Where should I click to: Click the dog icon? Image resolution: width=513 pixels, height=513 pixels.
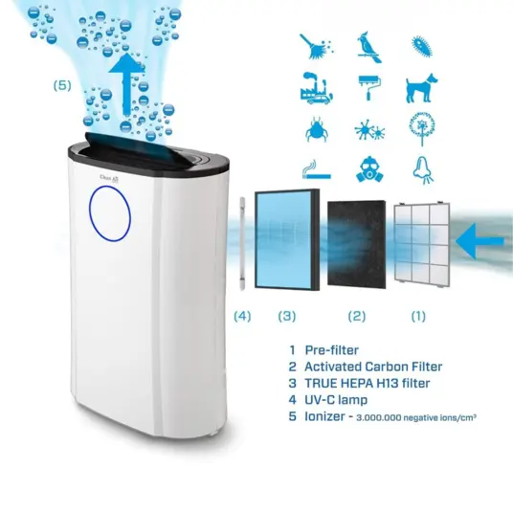tap(422, 88)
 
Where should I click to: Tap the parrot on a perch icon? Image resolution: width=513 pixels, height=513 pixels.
tap(368, 48)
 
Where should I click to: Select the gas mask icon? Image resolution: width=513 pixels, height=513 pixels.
tap(369, 169)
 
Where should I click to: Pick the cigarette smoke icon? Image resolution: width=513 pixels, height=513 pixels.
tap(316, 169)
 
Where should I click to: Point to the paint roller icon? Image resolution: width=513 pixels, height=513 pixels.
tap(369, 88)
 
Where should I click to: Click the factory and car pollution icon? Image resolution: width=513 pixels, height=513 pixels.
tap(317, 88)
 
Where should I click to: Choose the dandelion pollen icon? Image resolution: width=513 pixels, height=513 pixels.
tap(422, 129)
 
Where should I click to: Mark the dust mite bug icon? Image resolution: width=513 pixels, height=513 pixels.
tap(316, 128)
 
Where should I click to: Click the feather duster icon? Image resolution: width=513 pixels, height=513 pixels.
tap(316, 47)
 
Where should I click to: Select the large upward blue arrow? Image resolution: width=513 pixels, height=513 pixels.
tap(126, 84)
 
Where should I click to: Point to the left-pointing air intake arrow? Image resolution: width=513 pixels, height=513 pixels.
tap(480, 241)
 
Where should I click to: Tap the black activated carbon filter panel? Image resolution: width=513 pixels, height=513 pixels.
tap(357, 245)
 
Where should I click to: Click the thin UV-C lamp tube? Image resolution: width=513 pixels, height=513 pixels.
tap(242, 243)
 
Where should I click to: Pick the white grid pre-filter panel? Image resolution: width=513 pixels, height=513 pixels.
tap(422, 245)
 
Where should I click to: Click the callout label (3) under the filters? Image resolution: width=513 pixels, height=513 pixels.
tap(287, 317)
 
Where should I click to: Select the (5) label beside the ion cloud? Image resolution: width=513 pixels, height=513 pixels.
tap(62, 86)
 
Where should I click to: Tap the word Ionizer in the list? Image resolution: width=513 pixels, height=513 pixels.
tap(324, 416)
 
